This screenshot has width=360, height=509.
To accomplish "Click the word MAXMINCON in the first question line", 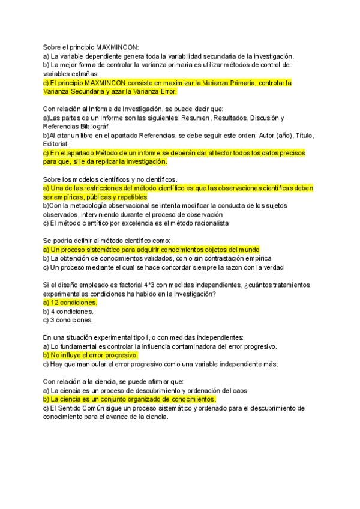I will tap(116, 46).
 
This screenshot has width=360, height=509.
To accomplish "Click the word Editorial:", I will tap(56, 144).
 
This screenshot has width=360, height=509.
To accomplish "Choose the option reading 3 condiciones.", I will tap(68, 320).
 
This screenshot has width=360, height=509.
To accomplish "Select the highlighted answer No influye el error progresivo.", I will tap(90, 355).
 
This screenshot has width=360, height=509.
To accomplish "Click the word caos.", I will tap(239, 390).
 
